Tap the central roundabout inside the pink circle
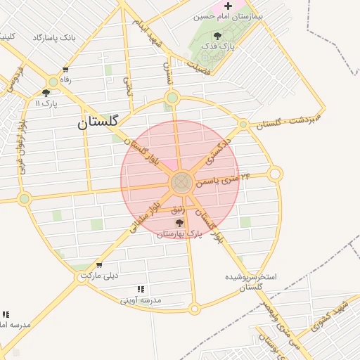pyautogui.click(x=181, y=183)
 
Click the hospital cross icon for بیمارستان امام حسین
pyautogui.click(x=228, y=6)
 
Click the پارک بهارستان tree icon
pyautogui.click(x=179, y=223)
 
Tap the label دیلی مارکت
pyautogui.click(x=99, y=276)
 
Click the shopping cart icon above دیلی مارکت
pyautogui.click(x=99, y=265)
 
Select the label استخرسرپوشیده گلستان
pyautogui.click(x=251, y=281)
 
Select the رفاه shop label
pyautogui.click(x=65, y=80)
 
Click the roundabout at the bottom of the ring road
pyautogui.click(x=195, y=308)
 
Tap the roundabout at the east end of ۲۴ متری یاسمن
pyautogui.click(x=276, y=174)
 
